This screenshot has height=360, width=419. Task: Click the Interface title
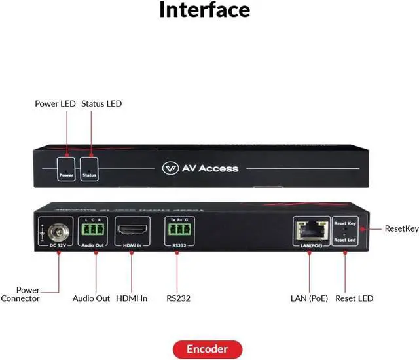(x=204, y=10)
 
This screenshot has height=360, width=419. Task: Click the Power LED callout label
(x=54, y=103)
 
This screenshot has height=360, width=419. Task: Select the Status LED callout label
(x=101, y=103)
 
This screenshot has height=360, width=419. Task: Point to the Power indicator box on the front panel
(x=66, y=168)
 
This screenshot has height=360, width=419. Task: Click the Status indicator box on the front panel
(x=90, y=168)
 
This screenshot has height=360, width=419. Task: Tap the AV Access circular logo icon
(x=170, y=168)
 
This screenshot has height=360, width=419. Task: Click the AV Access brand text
(x=209, y=168)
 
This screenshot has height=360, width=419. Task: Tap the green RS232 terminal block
(x=177, y=229)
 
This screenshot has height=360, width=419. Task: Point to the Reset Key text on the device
(x=345, y=223)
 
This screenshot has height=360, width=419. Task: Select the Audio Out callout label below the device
(x=91, y=298)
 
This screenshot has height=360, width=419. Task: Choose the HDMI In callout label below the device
(x=132, y=298)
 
